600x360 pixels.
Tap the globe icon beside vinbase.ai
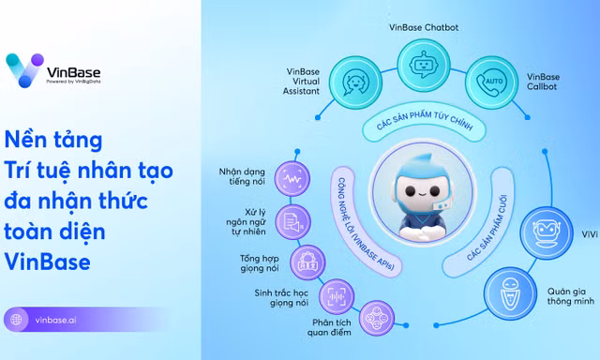pos(16,320)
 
